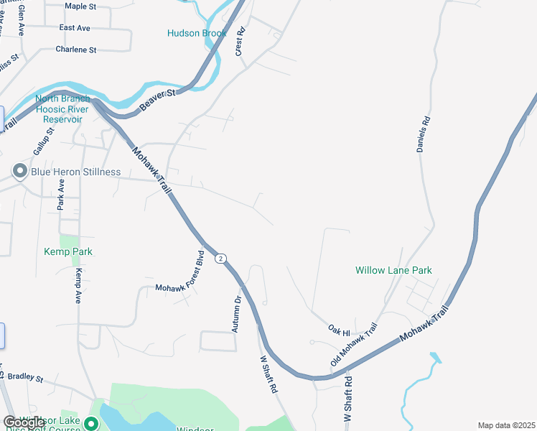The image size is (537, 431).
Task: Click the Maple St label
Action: pos(80,6)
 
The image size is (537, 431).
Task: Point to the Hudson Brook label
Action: pos(197,33)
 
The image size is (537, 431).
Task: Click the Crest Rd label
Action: pos(241,42)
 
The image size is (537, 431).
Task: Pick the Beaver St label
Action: pos(158,101)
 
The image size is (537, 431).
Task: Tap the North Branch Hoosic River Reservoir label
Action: pos(62,109)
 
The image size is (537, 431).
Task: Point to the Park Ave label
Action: pos(61,195)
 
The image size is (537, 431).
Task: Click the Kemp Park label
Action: pos(68,252)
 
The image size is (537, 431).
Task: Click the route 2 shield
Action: pos(220,259)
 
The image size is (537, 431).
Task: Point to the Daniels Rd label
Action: pos(423,134)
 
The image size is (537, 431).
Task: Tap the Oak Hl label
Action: pos(339,333)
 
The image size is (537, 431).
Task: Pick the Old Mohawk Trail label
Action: pos(353,344)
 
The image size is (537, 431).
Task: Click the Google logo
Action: pos(24,422)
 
